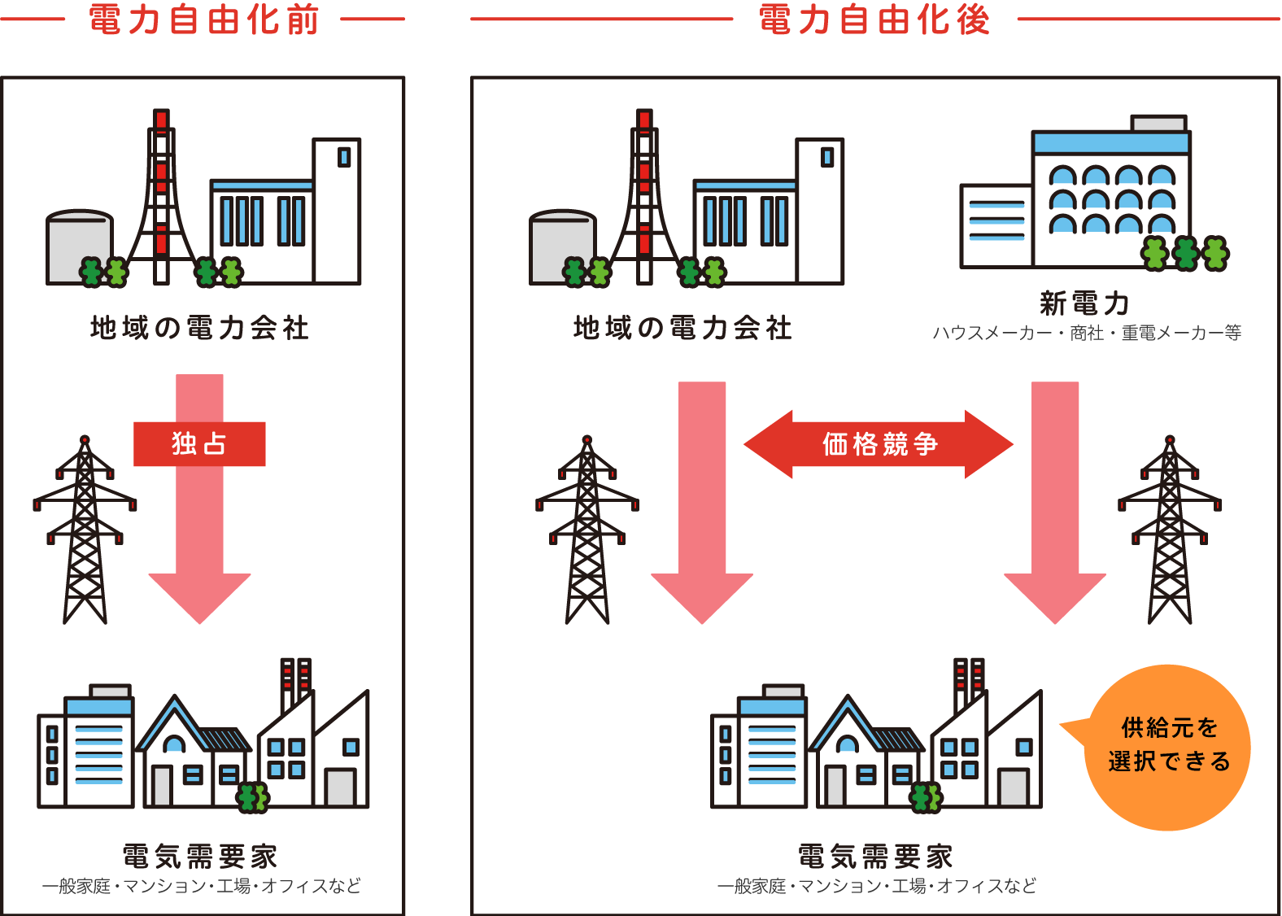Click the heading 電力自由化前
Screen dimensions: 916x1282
pyautogui.click(x=203, y=20)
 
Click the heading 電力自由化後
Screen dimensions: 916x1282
pyautogui.click(x=874, y=20)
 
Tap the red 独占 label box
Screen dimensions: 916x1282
pyautogui.click(x=199, y=444)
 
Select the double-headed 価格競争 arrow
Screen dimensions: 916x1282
pyautogui.click(x=879, y=444)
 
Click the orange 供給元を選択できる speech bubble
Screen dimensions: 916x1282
pyautogui.click(x=1168, y=747)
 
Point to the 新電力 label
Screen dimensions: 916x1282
pyautogui.click(x=1085, y=303)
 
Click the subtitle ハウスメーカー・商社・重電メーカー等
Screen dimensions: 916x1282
pyautogui.click(x=1087, y=333)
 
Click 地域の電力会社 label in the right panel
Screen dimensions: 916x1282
pyautogui.click(x=682, y=328)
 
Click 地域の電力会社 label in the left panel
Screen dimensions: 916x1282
pyautogui.click(x=199, y=328)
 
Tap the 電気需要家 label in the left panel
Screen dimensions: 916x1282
pyautogui.click(x=200, y=857)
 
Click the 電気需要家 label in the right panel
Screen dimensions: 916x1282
pyautogui.click(x=875, y=857)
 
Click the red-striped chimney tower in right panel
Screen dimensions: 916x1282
pyautogui.click(x=644, y=195)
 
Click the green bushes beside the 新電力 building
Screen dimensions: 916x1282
pyautogui.click(x=1185, y=253)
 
